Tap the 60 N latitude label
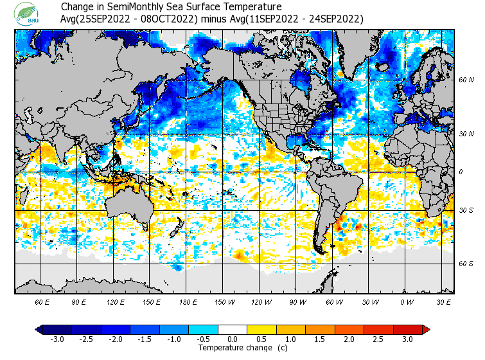pos(466,80)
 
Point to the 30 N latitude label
pos(466,134)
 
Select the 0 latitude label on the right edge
pos(461,172)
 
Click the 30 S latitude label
pos(466,210)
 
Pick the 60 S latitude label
pos(466,264)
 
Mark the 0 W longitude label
pos(406,301)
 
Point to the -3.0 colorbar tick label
pos(57,339)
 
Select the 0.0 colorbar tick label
pos(232,339)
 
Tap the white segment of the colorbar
pos(232,329)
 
